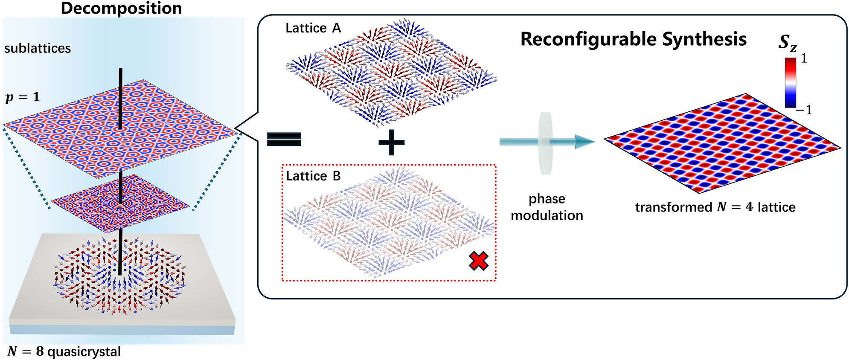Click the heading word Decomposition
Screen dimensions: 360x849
click(x=121, y=9)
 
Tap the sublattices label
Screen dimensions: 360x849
click(x=38, y=48)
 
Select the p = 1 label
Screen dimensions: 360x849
click(x=23, y=97)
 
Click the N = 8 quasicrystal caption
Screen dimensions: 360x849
click(x=64, y=351)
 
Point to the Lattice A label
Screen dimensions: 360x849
click(x=313, y=28)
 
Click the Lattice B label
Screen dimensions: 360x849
click(x=313, y=176)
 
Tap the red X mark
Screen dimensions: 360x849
click(x=478, y=261)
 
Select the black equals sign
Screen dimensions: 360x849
click(x=284, y=139)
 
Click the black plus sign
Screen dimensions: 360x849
click(x=391, y=142)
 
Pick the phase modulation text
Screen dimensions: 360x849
click(x=547, y=207)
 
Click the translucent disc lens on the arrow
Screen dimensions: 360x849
click(x=545, y=143)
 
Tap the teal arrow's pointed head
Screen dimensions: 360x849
click(x=584, y=142)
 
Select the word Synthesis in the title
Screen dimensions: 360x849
click(x=704, y=39)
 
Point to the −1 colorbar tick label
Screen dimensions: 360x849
click(x=804, y=110)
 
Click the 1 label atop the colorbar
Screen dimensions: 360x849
click(x=804, y=58)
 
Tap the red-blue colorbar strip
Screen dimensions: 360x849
click(x=791, y=82)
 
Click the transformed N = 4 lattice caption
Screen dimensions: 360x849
click(x=715, y=207)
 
